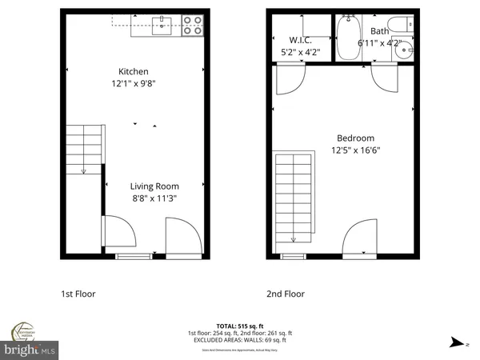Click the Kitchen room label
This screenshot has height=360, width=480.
tap(134, 71)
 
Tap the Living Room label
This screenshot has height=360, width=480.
tap(153, 188)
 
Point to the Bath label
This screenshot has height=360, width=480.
tap(378, 31)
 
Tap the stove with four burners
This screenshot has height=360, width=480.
tap(193, 26)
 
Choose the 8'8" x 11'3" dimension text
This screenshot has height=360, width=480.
tap(153, 201)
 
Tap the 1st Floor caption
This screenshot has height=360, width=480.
tap(78, 294)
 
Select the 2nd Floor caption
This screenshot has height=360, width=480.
tap(284, 294)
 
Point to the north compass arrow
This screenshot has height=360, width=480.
tap(455, 342)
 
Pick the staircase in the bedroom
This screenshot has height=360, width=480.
tap(292, 198)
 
